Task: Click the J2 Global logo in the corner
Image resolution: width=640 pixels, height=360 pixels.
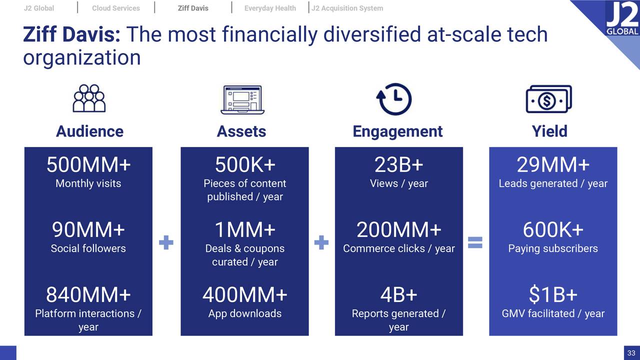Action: click(x=621, y=20)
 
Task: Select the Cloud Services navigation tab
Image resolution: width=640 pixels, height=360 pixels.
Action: click(x=116, y=8)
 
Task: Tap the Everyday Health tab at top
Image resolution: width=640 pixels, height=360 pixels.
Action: click(x=270, y=8)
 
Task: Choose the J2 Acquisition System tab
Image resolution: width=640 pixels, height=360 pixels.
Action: click(x=347, y=8)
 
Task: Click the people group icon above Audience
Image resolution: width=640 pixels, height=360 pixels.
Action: click(x=89, y=98)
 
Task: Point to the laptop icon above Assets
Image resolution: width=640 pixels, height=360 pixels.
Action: click(x=242, y=99)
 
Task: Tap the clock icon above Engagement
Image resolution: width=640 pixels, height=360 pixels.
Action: click(x=393, y=99)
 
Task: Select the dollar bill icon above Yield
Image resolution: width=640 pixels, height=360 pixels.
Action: click(x=548, y=99)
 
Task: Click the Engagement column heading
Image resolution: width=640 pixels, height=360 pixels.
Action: click(x=397, y=131)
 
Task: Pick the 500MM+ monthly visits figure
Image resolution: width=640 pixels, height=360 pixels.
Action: click(x=88, y=164)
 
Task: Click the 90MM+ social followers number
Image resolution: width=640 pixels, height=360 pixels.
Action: click(x=88, y=230)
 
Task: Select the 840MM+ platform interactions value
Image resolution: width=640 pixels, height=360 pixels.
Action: click(x=88, y=295)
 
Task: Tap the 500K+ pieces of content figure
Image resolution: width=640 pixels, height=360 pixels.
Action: click(x=245, y=164)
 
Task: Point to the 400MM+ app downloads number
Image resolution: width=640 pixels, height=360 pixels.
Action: click(x=245, y=295)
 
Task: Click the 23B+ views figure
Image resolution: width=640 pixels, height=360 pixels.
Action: click(x=398, y=164)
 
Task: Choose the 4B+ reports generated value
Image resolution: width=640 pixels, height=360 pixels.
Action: click(x=398, y=295)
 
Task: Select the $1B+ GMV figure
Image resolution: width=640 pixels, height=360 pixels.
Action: click(x=553, y=295)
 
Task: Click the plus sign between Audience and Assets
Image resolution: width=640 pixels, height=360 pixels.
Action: click(x=166, y=243)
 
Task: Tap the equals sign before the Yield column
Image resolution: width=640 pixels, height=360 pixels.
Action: click(x=475, y=242)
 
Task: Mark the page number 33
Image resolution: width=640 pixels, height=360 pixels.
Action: click(x=631, y=353)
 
